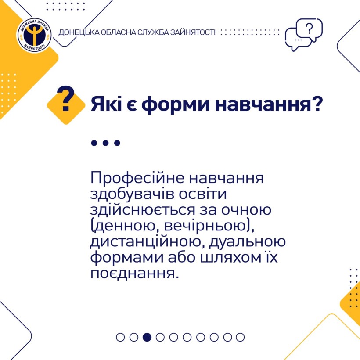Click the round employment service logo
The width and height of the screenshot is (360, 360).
point(34,35)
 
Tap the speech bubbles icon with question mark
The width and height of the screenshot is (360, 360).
point(304,35)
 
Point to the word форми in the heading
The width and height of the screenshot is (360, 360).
point(175,104)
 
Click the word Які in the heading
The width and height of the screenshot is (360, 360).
point(106,104)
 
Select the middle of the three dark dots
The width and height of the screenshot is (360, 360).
point(106,143)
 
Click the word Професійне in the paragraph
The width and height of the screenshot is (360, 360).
point(137,178)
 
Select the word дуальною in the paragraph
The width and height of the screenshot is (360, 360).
point(247,242)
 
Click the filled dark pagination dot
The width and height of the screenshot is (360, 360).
point(147,337)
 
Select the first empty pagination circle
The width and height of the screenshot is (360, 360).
point(120,337)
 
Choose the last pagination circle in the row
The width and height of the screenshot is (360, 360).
point(240,337)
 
